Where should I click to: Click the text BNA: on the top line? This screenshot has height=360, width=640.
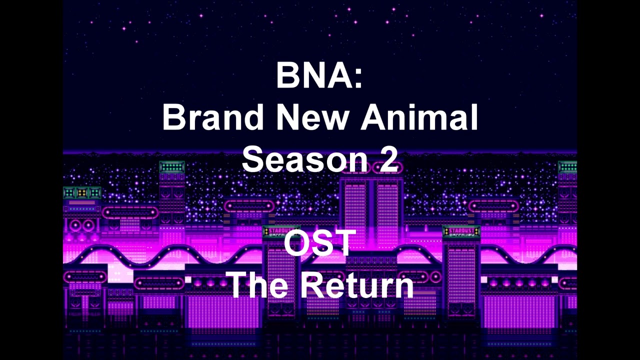coord(319,75)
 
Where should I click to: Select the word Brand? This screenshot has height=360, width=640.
coord(212,117)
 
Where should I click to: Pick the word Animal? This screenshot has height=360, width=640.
coord(420,117)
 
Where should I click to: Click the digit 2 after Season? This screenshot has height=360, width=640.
coord(388,159)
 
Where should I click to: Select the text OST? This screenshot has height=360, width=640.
coord(320,243)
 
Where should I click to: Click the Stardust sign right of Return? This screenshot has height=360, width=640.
coord(461,231)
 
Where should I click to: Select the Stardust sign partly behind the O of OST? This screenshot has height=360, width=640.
coord(278,231)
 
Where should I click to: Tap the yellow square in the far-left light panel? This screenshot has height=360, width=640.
coord(82,192)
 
